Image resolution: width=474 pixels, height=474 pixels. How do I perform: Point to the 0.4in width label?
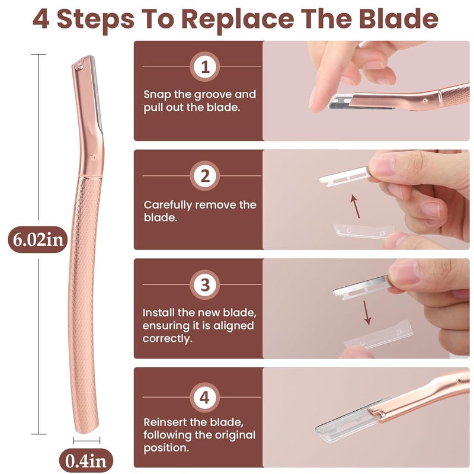tap(87, 460)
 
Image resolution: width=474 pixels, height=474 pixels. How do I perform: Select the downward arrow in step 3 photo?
tap(367, 312)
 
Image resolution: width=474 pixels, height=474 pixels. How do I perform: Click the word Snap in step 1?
tap(157, 95)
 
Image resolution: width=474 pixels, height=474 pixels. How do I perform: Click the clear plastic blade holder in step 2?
tap(355, 229)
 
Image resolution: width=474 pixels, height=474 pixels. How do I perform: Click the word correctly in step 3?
tap(168, 339)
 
